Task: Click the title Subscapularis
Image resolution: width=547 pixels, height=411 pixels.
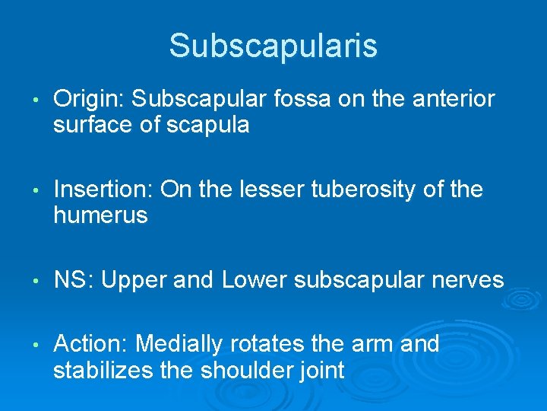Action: [x=273, y=46]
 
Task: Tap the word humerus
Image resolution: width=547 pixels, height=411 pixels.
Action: [x=100, y=215]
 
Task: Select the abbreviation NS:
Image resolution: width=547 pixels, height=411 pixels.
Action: [x=74, y=281]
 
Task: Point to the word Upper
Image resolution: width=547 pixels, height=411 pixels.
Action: [x=134, y=281]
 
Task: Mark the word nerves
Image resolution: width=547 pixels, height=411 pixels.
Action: [x=468, y=281]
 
